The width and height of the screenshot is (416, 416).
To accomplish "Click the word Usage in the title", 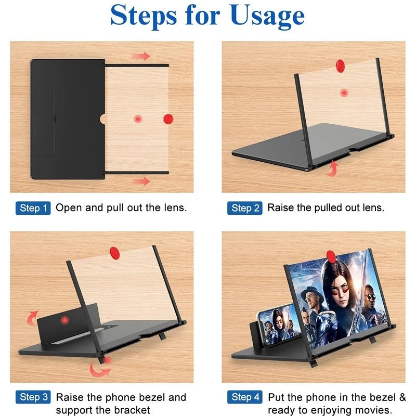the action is pyautogui.click(x=267, y=17).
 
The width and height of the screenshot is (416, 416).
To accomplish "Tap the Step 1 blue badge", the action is pyautogui.click(x=33, y=208).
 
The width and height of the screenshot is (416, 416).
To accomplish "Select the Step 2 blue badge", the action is pyautogui.click(x=244, y=208).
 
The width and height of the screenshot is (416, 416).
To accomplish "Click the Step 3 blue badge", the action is pyautogui.click(x=33, y=397).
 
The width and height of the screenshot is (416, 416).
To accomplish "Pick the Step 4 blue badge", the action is pyautogui.click(x=244, y=397).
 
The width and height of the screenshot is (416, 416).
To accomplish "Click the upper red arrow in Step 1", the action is pyautogui.click(x=141, y=56).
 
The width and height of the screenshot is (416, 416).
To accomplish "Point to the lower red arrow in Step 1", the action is pyautogui.click(x=141, y=181).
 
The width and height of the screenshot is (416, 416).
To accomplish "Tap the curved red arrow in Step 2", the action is pyautogui.click(x=332, y=168).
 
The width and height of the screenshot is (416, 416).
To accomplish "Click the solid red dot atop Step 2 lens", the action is pyautogui.click(x=340, y=66).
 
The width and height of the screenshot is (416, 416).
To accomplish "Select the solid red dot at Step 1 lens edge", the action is pyautogui.click(x=168, y=119).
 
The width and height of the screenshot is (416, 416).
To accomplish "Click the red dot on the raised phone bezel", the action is pyautogui.click(x=64, y=320).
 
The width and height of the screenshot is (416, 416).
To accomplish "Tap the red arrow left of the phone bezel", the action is pyautogui.click(x=32, y=318).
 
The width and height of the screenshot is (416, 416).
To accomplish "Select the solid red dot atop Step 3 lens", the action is pyautogui.click(x=114, y=253).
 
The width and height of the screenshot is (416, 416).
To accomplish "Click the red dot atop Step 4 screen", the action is pyautogui.click(x=331, y=256).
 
